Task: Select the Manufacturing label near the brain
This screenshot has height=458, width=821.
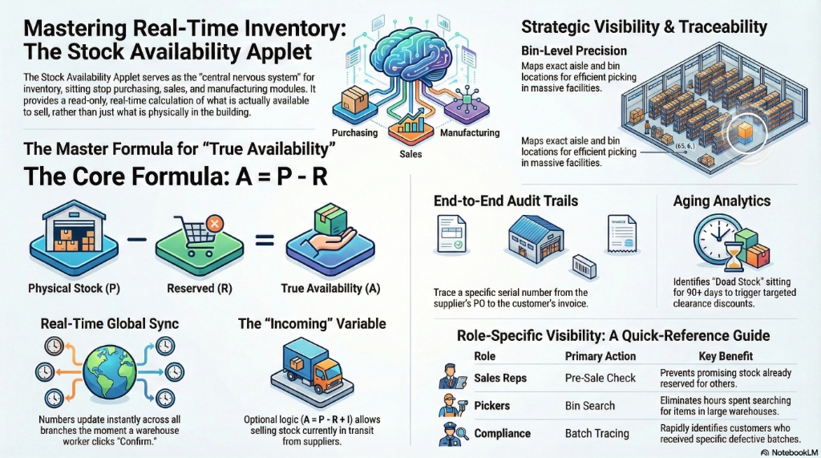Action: (470, 133)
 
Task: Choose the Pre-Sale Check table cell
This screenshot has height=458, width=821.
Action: (600, 377)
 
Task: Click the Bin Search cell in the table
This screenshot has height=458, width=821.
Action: (589, 407)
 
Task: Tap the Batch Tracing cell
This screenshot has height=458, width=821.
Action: (597, 433)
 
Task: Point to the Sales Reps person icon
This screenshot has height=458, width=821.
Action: (448, 377)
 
